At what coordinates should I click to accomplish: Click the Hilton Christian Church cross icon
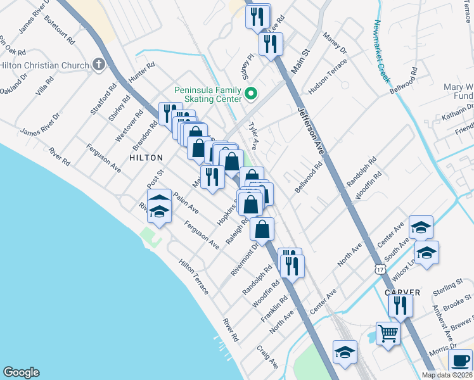click(x=98, y=64)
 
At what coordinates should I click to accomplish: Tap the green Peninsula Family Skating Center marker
click(x=251, y=94)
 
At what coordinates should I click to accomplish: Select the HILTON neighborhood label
click(x=146, y=157)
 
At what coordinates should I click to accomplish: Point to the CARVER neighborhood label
click(x=402, y=292)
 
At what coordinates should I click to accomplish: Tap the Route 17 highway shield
click(x=379, y=269)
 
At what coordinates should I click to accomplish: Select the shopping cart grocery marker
click(x=388, y=332)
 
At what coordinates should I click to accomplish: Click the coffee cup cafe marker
click(x=459, y=361)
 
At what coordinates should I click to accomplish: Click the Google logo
click(x=21, y=372)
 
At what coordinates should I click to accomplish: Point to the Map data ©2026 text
click(x=447, y=375)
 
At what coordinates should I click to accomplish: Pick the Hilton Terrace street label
click(x=193, y=276)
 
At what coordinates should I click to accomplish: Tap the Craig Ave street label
click(x=267, y=357)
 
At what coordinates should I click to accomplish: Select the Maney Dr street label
click(x=335, y=42)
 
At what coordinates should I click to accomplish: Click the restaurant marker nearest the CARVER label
click(x=401, y=306)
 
